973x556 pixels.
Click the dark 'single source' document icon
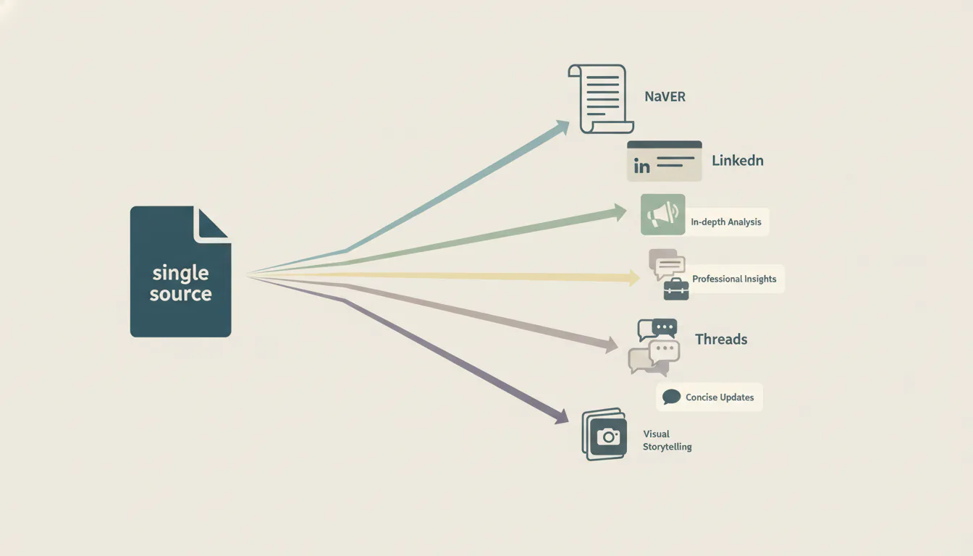180,271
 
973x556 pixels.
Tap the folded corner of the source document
211,224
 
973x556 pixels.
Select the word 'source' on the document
181,294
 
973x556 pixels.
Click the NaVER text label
665,96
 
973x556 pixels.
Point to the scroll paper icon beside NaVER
601,99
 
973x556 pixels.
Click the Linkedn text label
738,161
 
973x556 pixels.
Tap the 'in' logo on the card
641,166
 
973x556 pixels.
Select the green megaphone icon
663,214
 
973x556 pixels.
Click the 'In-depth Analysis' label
726,222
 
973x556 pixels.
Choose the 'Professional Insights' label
734,279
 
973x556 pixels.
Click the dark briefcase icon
676,290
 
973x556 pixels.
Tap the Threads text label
721,340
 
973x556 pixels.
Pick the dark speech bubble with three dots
665,328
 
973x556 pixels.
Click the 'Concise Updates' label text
720,397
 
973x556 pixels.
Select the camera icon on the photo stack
608,437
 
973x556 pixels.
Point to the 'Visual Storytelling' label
667,440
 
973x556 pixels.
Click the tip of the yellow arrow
640,277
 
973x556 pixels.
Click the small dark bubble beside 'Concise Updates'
672,397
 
